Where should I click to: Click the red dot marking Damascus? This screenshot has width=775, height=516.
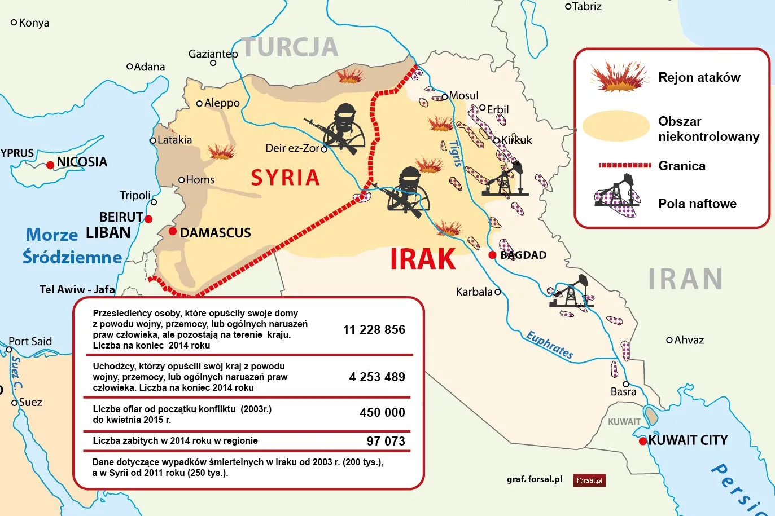[x=173, y=232]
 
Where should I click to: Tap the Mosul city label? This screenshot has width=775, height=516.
[x=463, y=96]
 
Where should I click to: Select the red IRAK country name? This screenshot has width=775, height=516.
[x=423, y=259]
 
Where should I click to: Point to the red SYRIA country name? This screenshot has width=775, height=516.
[x=285, y=178]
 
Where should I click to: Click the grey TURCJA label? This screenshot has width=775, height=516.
[x=290, y=47]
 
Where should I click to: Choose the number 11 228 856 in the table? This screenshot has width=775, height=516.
[x=374, y=330]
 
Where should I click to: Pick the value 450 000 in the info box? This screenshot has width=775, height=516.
[x=382, y=413]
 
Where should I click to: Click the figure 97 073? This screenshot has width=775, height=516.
[x=386, y=441]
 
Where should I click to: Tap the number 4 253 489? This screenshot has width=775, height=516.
[x=376, y=377]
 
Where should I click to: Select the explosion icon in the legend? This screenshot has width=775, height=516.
[x=619, y=77]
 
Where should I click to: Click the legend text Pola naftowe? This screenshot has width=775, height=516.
[x=697, y=204]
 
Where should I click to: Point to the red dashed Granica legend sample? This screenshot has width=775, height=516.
[x=624, y=165]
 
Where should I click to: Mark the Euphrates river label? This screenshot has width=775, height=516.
[x=549, y=345]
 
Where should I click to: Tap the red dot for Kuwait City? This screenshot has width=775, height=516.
[x=642, y=441]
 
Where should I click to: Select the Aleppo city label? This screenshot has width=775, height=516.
[x=222, y=103]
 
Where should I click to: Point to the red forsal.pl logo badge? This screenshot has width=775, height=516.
[x=589, y=480]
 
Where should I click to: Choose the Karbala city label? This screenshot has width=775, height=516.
[x=474, y=292]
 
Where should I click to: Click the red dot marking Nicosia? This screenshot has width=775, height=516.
[x=50, y=165]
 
